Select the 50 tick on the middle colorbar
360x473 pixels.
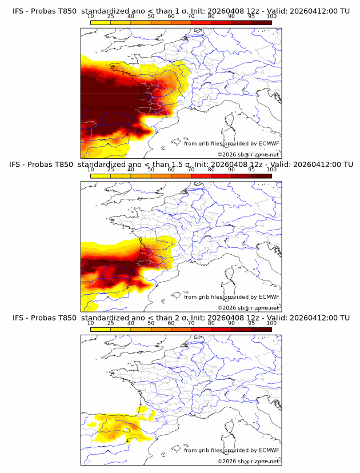click(x=151, y=170)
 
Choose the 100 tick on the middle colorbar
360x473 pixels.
click(x=271, y=170)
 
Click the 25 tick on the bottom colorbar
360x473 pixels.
click(x=111, y=323)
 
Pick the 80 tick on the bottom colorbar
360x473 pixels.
click(x=211, y=323)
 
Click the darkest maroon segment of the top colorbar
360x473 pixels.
click(x=261, y=22)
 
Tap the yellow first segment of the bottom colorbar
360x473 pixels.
click(x=101, y=329)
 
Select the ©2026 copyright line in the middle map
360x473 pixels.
click(x=249, y=307)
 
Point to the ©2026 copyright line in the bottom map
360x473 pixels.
click(x=249, y=460)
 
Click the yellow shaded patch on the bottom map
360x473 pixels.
click(x=117, y=428)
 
